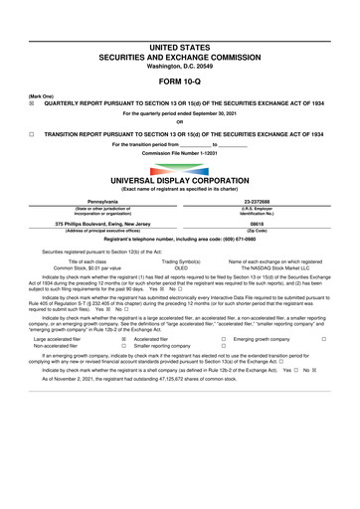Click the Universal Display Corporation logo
pyautogui.click(x=179, y=169)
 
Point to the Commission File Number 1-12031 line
pyautogui.click(x=179, y=153)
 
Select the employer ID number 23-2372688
pyautogui.click(x=265, y=200)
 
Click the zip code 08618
pyautogui.click(x=265, y=224)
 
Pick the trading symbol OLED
pyautogui.click(x=180, y=267)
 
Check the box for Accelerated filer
pyautogui.click(x=123, y=339)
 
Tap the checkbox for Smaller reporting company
pyautogui.click(x=123, y=346)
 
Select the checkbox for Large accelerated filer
pyautogui.click(x=123, y=339)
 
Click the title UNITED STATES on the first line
pyautogui.click(x=179, y=47)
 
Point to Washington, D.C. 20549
pyautogui.click(x=179, y=66)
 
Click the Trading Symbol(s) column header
pyautogui.click(x=180, y=261)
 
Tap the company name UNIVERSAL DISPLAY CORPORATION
pyautogui.click(x=179, y=182)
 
